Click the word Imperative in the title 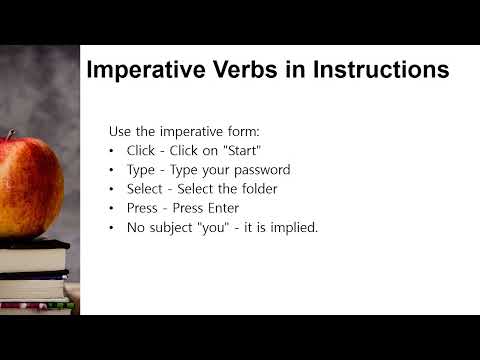point(149,71)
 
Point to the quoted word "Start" point(240,151)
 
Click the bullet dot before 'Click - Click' point(112,152)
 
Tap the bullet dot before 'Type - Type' point(112,171)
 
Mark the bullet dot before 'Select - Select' point(112,190)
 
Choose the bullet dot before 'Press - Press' point(112,209)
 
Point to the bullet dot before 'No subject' point(112,228)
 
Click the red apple point(30,185)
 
